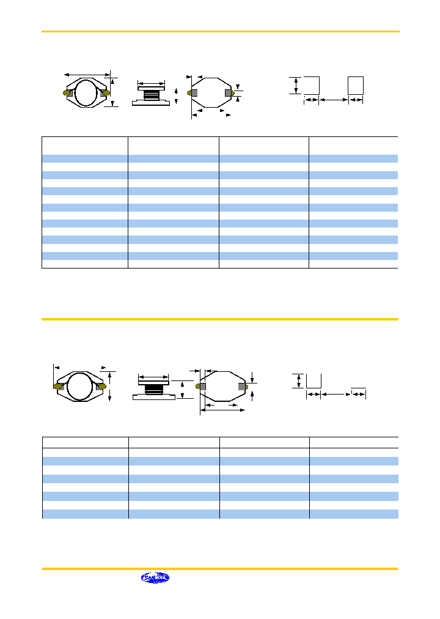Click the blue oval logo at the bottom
[155, 577]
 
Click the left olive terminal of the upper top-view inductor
[67, 93]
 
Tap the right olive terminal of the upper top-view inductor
[106, 92]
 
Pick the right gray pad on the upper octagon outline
[229, 92]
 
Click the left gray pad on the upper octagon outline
[194, 92]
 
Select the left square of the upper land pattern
[312, 85]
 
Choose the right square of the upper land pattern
[356, 85]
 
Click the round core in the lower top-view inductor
[79, 387]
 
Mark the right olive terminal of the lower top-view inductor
[101, 387]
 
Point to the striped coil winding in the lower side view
[153, 388]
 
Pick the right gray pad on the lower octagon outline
[242, 386]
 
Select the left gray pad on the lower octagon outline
[199, 386]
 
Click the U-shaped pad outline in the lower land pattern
[313, 381]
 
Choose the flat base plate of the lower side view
[153, 397]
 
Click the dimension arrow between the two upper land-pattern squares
[334, 99]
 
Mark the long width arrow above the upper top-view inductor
[87, 75]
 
